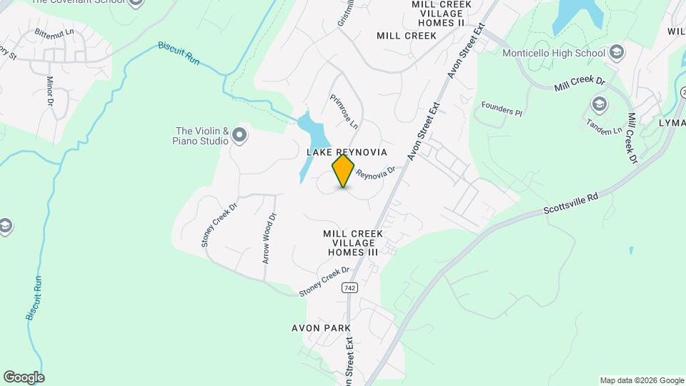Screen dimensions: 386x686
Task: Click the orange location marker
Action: point(344,170)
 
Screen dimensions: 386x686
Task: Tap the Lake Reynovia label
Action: point(347,152)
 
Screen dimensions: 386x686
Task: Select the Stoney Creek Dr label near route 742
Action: point(324,281)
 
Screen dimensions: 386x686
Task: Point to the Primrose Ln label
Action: point(344,112)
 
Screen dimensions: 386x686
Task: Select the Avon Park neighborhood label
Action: point(321,328)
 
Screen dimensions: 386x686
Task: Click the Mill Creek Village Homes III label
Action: point(353,243)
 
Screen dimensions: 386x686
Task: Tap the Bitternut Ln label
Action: point(54,33)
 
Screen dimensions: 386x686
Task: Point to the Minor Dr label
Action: point(50,92)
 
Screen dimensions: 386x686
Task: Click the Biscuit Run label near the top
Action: point(179,55)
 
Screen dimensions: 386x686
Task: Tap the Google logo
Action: point(24,377)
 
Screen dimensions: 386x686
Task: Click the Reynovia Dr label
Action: point(375,174)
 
